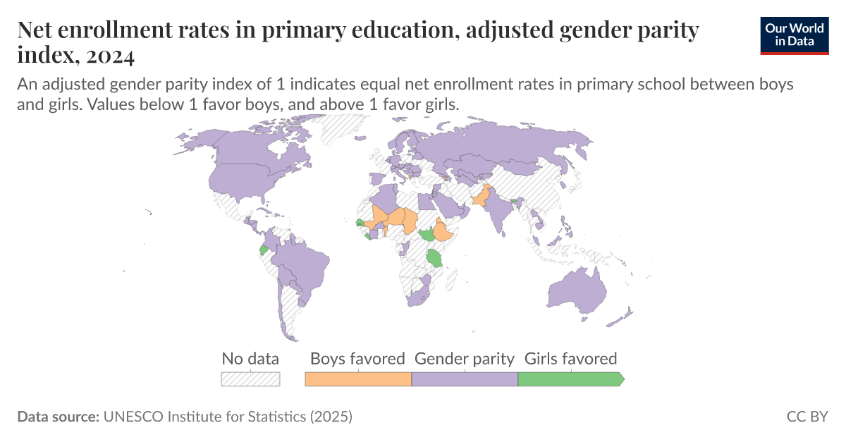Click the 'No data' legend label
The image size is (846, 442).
point(250,358)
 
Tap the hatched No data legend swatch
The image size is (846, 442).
point(250,379)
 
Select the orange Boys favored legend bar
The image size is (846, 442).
point(357,379)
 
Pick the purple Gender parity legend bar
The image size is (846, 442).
point(464,379)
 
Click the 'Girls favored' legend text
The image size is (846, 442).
point(570,358)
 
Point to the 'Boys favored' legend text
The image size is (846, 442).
point(357,358)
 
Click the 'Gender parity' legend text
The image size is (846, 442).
point(464,358)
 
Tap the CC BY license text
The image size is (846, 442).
point(807,417)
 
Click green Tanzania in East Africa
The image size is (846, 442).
point(435,257)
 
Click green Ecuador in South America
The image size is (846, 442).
point(264,250)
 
